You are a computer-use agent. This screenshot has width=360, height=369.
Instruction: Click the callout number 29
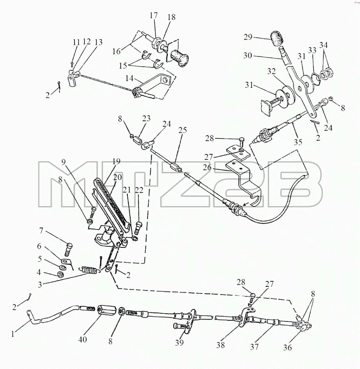pos(248,37)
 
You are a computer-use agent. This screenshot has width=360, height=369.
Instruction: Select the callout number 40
pos(83,339)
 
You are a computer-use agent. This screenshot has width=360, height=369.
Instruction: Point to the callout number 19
pos(116,161)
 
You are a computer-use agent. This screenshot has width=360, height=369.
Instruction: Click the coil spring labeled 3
pos(89,270)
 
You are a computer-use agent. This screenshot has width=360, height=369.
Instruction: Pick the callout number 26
pos(207,168)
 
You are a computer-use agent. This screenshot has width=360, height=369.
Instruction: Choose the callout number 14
pos(129,78)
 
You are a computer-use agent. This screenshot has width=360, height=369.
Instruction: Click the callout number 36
pos(288,347)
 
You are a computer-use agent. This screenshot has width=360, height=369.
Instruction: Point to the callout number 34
pos(323,45)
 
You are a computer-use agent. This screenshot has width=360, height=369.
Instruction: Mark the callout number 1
pos(13,334)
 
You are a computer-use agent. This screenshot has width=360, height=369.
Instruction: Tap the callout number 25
pos(183,130)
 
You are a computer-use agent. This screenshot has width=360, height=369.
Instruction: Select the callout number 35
pos(298,142)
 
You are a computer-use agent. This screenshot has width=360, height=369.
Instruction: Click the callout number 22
pos(139,190)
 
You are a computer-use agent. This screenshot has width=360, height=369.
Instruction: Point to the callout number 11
pos(76,42)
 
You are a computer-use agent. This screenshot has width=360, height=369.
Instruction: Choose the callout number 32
pos(272,71)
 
